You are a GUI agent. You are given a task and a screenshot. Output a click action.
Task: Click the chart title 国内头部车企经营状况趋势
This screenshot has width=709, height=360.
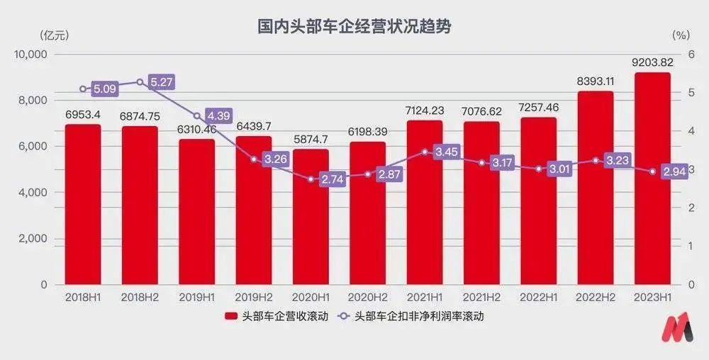(354, 27)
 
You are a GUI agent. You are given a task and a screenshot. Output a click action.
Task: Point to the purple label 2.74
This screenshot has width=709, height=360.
(332, 179)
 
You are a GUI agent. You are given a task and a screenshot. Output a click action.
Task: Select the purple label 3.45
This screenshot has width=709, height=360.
(446, 152)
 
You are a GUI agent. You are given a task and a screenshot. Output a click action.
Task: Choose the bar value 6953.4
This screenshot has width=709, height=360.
(83, 114)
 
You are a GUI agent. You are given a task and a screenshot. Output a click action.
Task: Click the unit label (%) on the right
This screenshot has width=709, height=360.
(680, 35)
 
